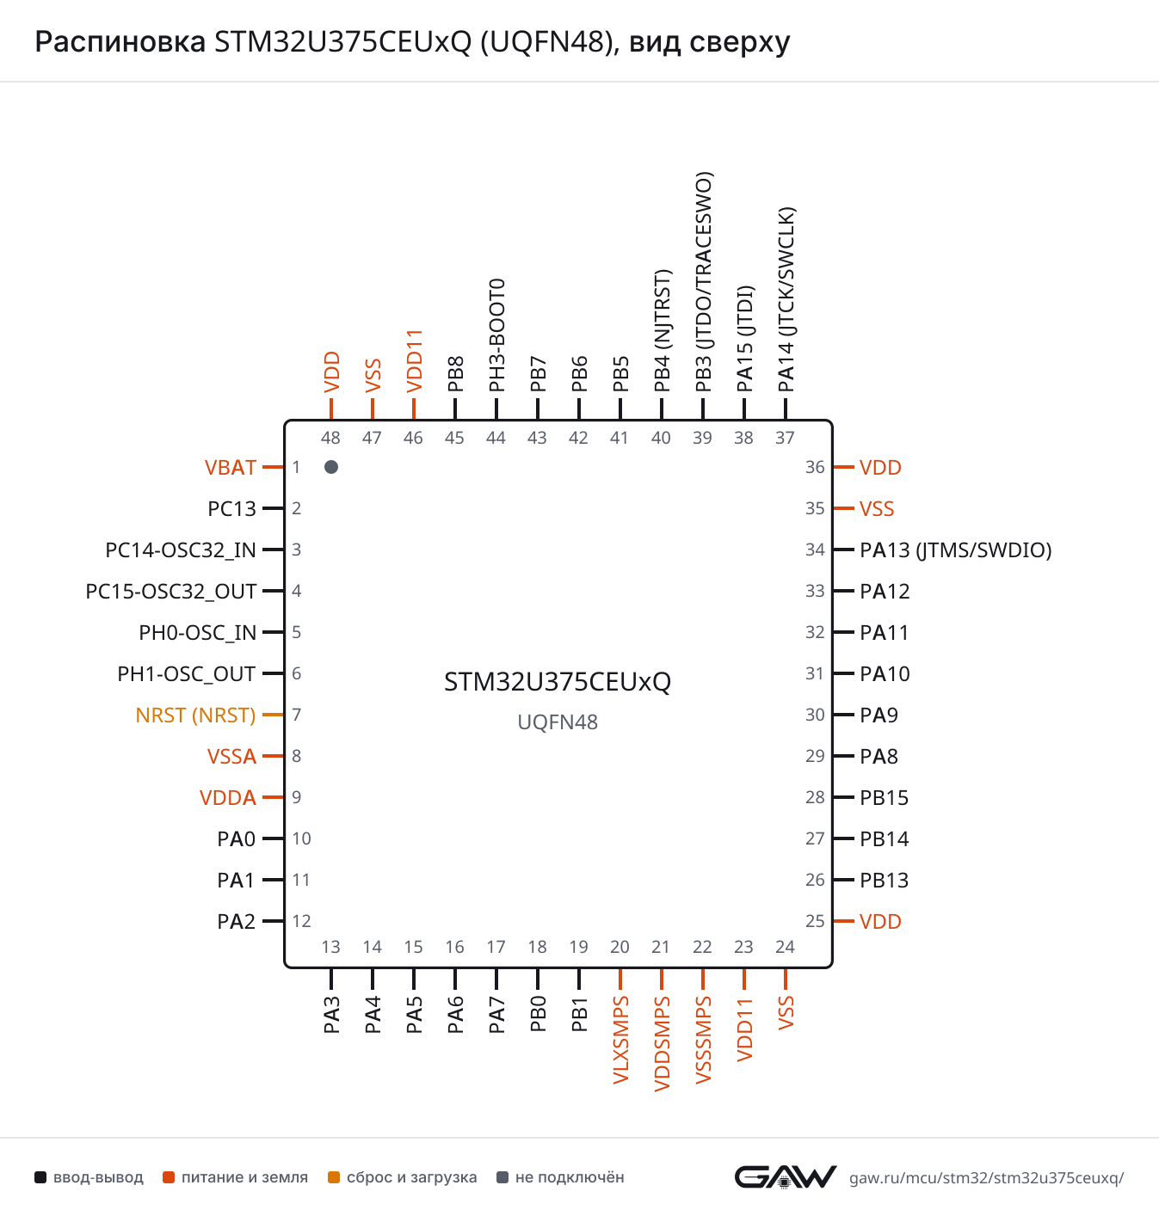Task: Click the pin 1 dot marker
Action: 331,467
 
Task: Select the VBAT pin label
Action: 231,468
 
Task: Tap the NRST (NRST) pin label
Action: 195,715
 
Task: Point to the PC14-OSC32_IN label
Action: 181,550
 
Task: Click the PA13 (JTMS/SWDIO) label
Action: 955,550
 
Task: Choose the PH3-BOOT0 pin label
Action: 496,335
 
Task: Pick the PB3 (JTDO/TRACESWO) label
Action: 704,282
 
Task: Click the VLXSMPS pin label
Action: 620,1040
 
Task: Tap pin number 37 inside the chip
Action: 785,438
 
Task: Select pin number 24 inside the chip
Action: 785,947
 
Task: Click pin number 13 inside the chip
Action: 331,947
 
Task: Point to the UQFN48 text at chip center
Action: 558,722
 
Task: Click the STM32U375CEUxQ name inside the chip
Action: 558,682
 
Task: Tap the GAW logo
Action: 786,1177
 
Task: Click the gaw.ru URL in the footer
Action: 986,1177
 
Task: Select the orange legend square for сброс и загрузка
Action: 334,1177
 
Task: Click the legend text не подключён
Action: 570,1177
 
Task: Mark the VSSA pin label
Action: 231,757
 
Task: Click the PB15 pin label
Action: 884,798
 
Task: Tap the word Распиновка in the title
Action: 120,42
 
